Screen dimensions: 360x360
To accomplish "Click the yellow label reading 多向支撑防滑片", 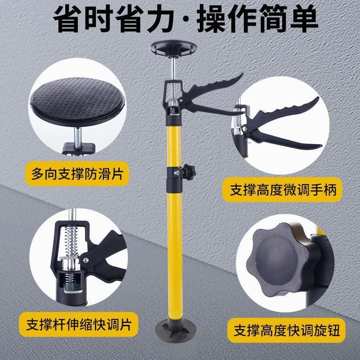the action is coord(77,174).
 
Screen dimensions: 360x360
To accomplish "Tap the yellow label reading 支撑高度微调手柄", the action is coord(283,189).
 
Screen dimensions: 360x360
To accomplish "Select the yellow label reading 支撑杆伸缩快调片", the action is coord(78,324).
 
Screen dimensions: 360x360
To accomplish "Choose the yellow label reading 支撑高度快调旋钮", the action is coord(286,330).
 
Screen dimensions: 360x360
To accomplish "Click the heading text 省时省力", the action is coord(113,18).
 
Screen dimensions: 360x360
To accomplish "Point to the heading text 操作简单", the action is coord(257,18).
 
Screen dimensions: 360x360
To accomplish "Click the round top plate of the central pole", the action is coord(173,48).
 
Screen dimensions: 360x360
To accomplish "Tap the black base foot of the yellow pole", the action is coord(175,329).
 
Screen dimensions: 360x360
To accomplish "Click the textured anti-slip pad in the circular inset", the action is coord(77,101).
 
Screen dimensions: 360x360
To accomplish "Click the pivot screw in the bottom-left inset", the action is coord(85,260).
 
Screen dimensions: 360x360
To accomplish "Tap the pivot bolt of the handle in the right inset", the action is coord(245,129).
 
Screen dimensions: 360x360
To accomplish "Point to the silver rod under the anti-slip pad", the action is coord(77,137).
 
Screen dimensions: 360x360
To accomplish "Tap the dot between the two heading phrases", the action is coord(185,19).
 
